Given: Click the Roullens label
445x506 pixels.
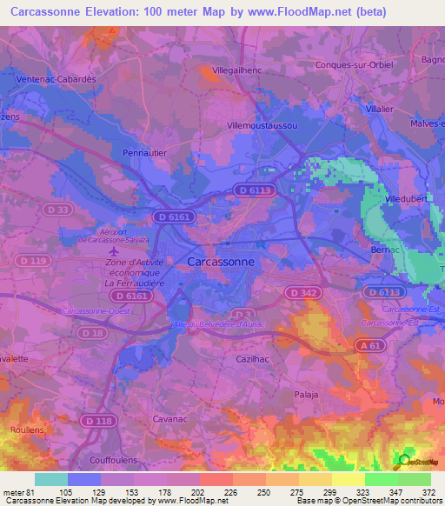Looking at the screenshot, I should [x=27, y=430].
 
